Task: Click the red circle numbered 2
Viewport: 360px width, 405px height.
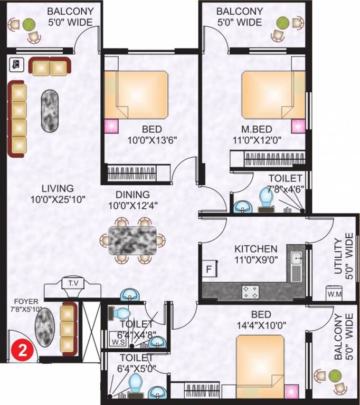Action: click(23, 351)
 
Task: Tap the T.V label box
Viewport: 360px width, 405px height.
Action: click(73, 283)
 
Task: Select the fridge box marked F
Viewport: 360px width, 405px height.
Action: click(209, 269)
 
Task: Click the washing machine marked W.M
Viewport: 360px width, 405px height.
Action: click(334, 293)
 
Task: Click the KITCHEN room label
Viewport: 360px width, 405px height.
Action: click(256, 249)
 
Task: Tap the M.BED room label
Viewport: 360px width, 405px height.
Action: click(257, 129)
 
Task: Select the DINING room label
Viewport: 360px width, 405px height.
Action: click(132, 194)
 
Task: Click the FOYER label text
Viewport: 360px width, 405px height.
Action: click(26, 302)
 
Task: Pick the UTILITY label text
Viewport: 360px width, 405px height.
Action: click(337, 256)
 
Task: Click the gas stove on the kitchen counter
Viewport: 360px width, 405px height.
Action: click(250, 292)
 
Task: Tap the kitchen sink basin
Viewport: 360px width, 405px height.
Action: click(296, 258)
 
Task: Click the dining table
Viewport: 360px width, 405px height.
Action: click(132, 240)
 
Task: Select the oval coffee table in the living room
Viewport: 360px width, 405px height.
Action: click(50, 111)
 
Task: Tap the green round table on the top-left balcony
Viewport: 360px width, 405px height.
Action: click(29, 24)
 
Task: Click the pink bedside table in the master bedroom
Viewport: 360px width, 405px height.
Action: click(298, 127)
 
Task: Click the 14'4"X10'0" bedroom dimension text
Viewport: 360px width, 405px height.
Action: click(261, 325)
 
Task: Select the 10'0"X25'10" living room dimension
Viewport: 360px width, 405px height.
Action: click(58, 199)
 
